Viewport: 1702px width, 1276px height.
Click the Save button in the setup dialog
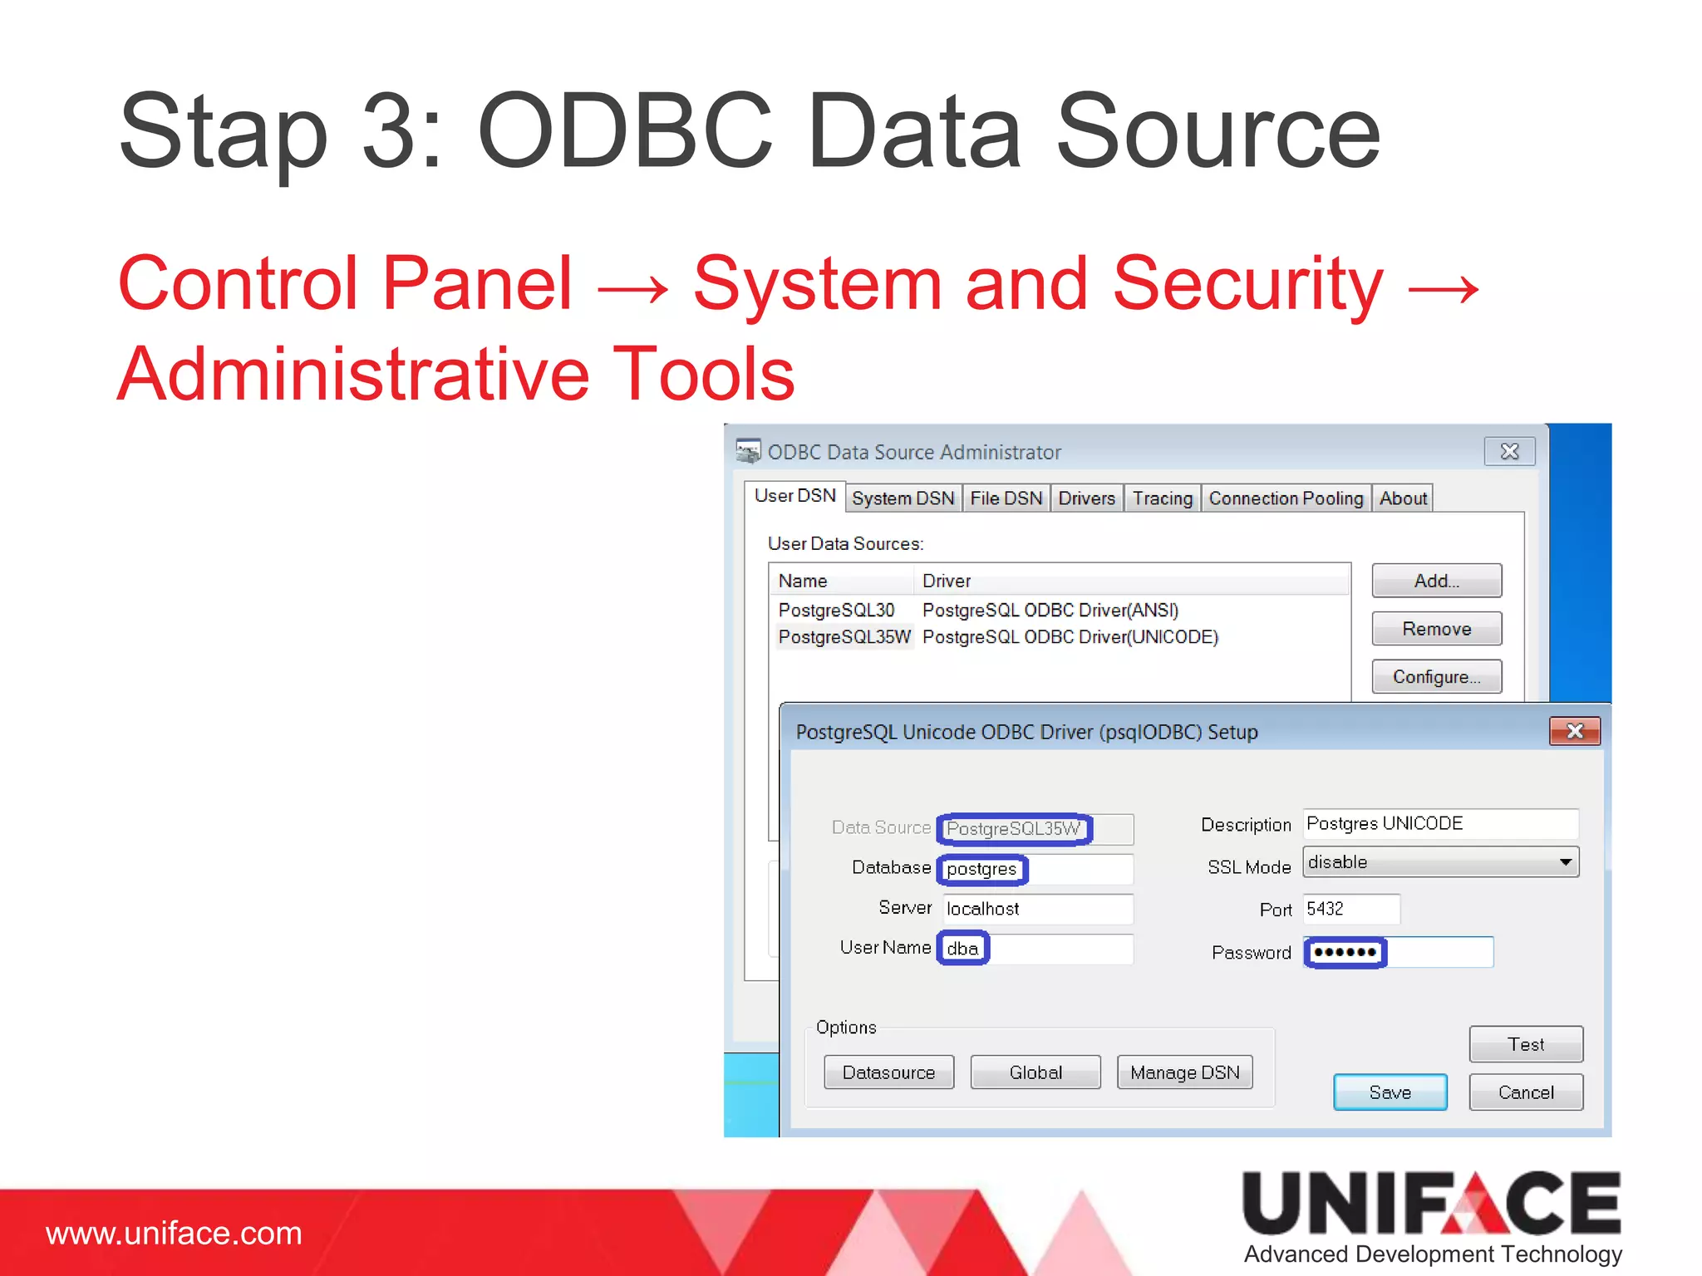[1390, 1092]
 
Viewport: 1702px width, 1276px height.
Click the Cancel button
[1525, 1092]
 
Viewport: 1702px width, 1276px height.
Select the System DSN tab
[903, 498]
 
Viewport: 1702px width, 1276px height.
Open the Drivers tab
[1085, 498]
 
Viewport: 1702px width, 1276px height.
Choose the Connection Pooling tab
[1285, 498]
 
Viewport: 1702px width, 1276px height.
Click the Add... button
[1436, 581]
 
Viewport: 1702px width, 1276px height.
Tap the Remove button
[1436, 629]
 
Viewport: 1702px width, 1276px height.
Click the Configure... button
[1436, 677]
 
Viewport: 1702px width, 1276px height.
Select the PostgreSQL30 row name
[836, 610]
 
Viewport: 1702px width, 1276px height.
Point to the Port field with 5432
[1350, 909]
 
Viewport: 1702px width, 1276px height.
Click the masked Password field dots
[1345, 952]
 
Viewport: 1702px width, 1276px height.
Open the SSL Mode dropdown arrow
[1565, 862]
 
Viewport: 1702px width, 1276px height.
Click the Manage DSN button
[1184, 1072]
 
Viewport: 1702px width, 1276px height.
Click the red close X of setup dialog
[1574, 731]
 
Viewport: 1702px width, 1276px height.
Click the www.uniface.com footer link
[174, 1234]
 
